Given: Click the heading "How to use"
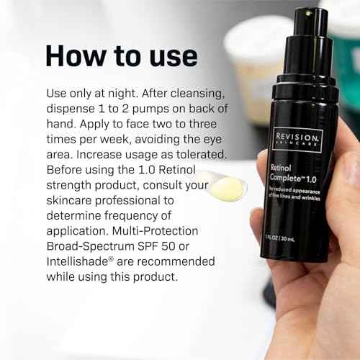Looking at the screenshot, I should pyautogui.click(x=120, y=55).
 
